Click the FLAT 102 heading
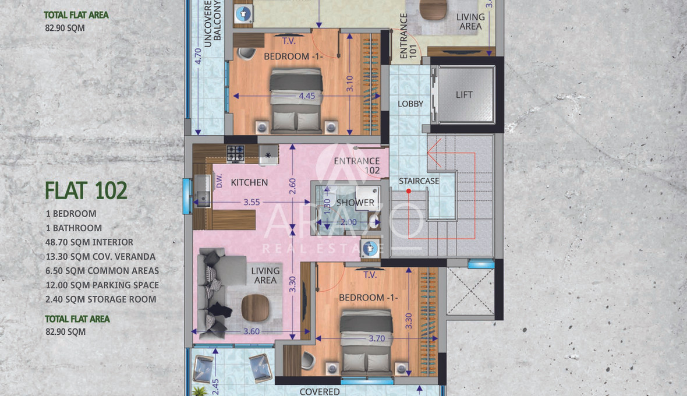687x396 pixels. pyautogui.click(x=86, y=190)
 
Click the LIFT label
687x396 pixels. pyautogui.click(x=464, y=94)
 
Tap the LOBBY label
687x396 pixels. pyautogui.click(x=410, y=104)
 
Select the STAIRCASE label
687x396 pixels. pyautogui.click(x=419, y=181)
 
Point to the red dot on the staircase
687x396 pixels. pyautogui.click(x=408, y=191)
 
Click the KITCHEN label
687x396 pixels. pyautogui.click(x=249, y=182)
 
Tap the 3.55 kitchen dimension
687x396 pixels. pyautogui.click(x=252, y=202)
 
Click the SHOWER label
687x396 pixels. pyautogui.click(x=355, y=203)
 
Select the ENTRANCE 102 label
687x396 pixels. pyautogui.click(x=357, y=165)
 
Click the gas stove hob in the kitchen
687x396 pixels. pyautogui.click(x=235, y=154)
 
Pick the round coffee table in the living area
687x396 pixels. pyautogui.click(x=255, y=307)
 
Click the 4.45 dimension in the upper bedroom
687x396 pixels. pyautogui.click(x=307, y=96)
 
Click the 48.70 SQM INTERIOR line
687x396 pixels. pyautogui.click(x=90, y=242)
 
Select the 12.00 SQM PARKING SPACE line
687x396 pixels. pyautogui.click(x=102, y=285)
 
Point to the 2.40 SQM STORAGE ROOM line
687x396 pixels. pyautogui.click(x=101, y=300)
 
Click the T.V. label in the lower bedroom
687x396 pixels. pyautogui.click(x=370, y=275)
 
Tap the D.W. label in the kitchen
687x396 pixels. pyautogui.click(x=219, y=181)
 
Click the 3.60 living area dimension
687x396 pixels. pyautogui.click(x=252, y=331)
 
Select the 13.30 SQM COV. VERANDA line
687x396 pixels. pyautogui.click(x=100, y=257)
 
